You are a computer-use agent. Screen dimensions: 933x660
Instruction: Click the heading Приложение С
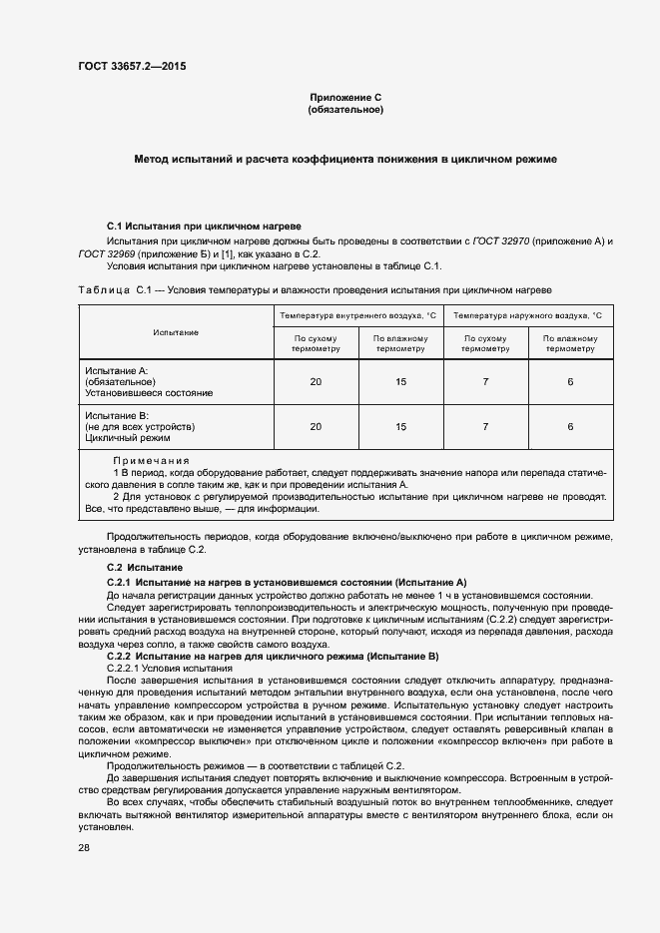pos(345,97)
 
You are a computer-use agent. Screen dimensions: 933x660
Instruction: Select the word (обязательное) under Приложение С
pos(345,109)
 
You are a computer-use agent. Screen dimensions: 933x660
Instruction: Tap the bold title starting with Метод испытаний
pos(345,159)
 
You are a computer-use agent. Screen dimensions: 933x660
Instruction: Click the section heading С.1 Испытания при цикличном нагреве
pos(204,228)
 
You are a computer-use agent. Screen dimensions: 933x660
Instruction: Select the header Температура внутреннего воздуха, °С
pos(360,315)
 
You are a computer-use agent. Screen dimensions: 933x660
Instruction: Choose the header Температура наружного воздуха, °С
pos(528,315)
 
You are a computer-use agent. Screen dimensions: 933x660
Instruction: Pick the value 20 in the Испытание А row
pos(317,382)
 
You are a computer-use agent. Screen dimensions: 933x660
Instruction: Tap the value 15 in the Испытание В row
pos(401,426)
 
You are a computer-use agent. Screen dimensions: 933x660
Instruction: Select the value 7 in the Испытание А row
pos(485,382)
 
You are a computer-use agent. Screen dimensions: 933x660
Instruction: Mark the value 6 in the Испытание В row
pos(570,426)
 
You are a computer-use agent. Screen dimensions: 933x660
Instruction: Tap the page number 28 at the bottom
pos(85,848)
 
